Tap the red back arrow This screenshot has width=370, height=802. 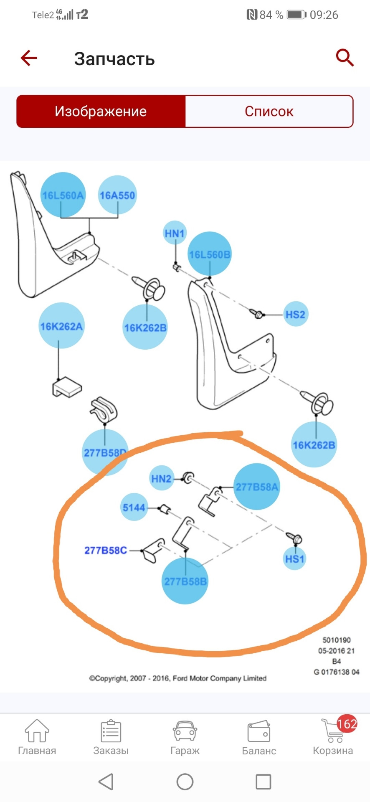[29, 58]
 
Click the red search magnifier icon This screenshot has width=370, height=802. [345, 58]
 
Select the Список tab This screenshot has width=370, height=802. [269, 112]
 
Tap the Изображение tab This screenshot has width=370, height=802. [101, 112]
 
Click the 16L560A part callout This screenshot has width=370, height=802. [63, 195]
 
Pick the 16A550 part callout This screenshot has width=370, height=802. [117, 195]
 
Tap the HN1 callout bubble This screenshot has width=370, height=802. [175, 233]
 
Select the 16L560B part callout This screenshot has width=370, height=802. [210, 254]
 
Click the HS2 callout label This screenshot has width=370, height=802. [295, 314]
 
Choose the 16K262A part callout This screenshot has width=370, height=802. [61, 326]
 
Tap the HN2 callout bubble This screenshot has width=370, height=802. [162, 478]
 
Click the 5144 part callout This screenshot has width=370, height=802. [134, 508]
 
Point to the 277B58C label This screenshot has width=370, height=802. [106, 551]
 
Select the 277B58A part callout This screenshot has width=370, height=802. [256, 487]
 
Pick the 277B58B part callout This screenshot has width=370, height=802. [185, 581]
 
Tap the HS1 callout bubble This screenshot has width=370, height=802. [295, 558]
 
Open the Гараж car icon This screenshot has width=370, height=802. [185, 732]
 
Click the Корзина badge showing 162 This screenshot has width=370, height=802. [347, 724]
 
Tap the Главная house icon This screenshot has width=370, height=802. [37, 731]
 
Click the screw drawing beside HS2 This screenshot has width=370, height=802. [257, 313]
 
